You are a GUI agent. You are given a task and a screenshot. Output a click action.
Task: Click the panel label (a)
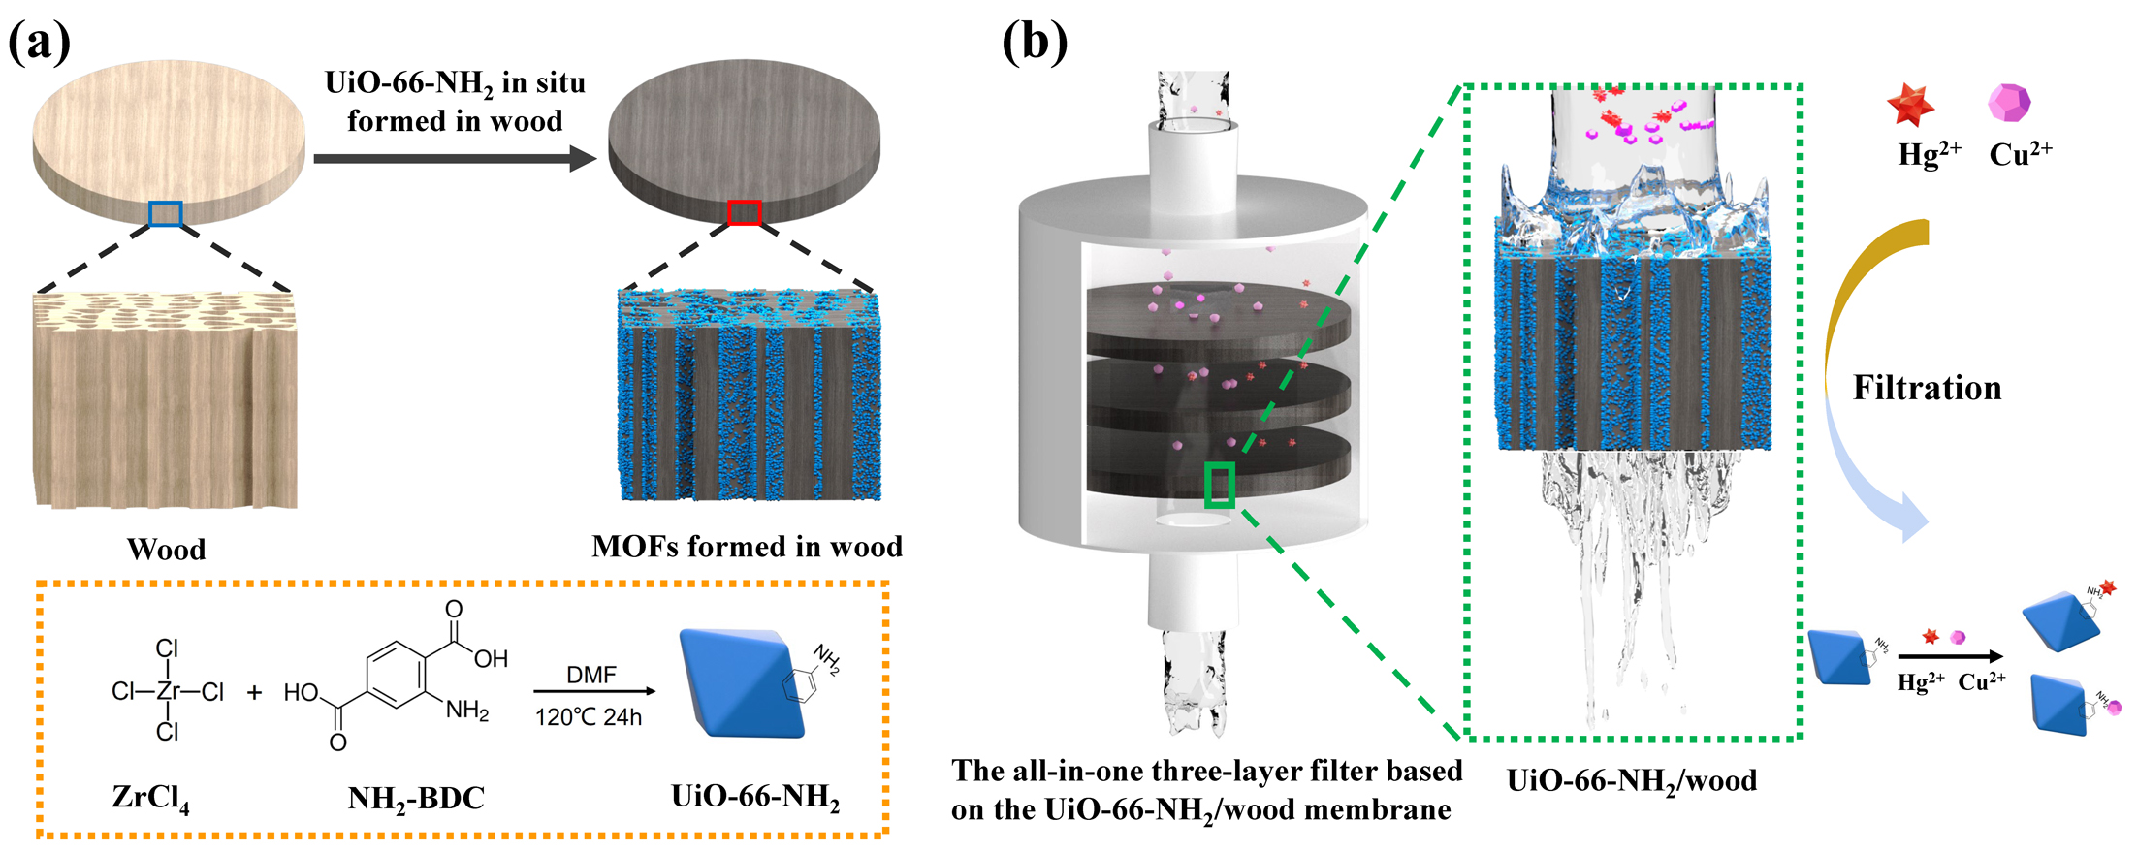(x=39, y=43)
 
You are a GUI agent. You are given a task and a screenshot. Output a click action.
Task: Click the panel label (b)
(x=1035, y=43)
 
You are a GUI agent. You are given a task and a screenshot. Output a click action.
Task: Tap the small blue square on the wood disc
(x=166, y=213)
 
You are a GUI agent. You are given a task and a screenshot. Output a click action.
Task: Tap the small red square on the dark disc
(x=744, y=212)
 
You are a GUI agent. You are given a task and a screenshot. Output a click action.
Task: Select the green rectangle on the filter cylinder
(x=1219, y=485)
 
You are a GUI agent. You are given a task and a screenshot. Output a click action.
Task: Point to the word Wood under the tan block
(x=167, y=550)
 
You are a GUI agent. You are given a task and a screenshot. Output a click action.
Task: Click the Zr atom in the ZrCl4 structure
(x=168, y=691)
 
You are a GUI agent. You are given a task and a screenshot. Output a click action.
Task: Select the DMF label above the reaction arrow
(x=591, y=675)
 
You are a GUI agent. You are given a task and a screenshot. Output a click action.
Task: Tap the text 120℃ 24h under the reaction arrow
(x=589, y=717)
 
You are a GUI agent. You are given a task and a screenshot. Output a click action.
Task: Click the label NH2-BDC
(x=416, y=799)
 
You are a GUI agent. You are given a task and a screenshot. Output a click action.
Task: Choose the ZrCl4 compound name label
(x=150, y=798)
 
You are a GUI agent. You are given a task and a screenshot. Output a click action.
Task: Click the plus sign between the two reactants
(x=254, y=692)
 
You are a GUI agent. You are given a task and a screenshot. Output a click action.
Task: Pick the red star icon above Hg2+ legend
(x=1910, y=106)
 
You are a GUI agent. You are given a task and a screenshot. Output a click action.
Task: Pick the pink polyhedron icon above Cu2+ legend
(x=2009, y=102)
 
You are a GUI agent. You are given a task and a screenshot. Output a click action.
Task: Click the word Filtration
(x=1927, y=388)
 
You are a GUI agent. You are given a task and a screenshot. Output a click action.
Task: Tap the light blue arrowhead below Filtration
(x=1910, y=519)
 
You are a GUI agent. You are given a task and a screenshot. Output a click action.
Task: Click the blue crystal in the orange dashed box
(x=742, y=682)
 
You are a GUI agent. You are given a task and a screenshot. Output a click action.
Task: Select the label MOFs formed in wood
(x=747, y=547)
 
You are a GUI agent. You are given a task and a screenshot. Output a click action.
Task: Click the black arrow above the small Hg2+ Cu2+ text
(x=1949, y=657)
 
